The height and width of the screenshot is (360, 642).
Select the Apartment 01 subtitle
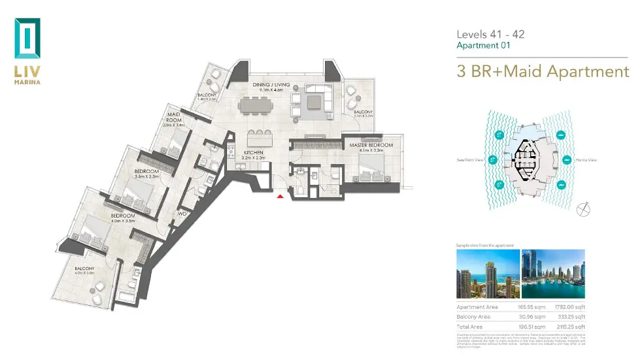[x=482, y=46]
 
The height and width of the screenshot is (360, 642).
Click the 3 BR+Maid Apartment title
[x=542, y=71]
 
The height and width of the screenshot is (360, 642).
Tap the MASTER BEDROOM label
[x=371, y=144]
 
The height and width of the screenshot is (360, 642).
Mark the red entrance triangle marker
[x=280, y=195]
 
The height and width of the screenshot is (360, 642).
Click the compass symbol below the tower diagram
[x=584, y=210]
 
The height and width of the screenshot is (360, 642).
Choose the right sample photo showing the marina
[x=552, y=274]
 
